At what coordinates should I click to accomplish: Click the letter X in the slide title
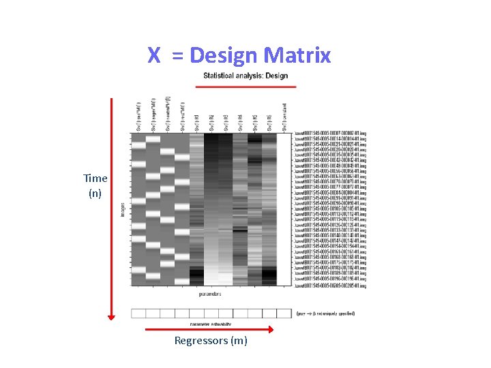154,55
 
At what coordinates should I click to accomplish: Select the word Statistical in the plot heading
224,76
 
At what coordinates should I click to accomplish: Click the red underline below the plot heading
245,87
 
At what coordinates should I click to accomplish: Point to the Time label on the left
95,178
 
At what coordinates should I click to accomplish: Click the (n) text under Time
95,193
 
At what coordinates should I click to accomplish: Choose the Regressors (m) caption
211,341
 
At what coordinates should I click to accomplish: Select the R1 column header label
196,123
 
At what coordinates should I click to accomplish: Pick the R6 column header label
269,123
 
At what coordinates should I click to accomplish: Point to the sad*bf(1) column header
138,117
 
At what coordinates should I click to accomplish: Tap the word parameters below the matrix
210,294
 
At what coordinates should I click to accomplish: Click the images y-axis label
123,209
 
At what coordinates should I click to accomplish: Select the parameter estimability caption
210,323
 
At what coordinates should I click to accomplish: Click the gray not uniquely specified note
325,313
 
